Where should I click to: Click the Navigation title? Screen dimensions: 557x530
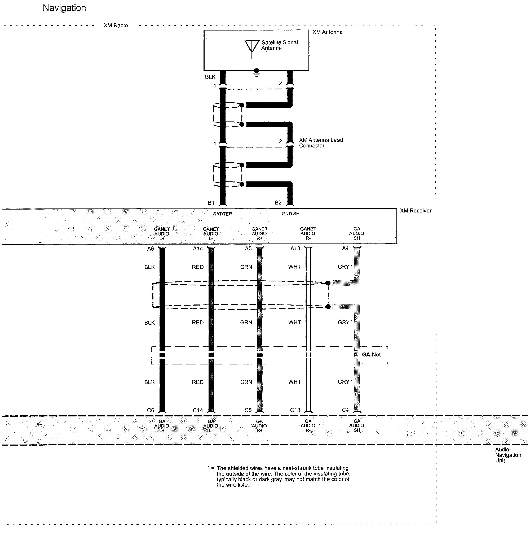click(x=64, y=8)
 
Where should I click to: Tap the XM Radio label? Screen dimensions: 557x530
click(x=116, y=25)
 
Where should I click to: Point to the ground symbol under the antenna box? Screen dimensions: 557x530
click(x=256, y=73)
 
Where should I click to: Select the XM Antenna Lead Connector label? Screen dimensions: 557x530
click(x=321, y=143)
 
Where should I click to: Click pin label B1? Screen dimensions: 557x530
click(x=211, y=203)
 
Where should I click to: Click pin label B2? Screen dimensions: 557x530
click(x=278, y=203)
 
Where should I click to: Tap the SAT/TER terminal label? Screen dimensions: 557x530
click(x=223, y=214)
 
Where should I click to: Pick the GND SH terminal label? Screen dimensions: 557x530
click(x=290, y=214)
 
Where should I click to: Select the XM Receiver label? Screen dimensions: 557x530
click(x=415, y=211)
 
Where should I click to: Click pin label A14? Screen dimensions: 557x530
click(x=198, y=249)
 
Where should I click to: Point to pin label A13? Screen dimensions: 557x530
click(x=295, y=248)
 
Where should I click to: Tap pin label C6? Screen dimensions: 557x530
click(x=150, y=410)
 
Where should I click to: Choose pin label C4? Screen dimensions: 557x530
click(x=345, y=410)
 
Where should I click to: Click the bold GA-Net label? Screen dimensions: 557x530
click(x=371, y=355)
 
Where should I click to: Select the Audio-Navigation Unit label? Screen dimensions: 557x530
click(x=508, y=455)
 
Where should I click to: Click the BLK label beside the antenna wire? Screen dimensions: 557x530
click(x=210, y=77)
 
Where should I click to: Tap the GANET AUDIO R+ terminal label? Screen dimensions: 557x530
click(x=259, y=234)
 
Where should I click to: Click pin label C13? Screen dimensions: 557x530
click(x=295, y=410)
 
